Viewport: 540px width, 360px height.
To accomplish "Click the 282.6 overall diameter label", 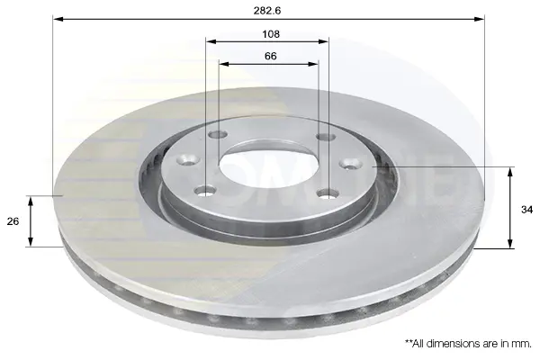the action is coord(267,11).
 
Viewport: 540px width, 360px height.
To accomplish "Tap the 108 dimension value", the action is coord(271,34).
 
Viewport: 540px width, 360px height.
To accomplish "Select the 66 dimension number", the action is coord(271,56).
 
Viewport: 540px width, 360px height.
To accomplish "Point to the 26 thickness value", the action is coord(13,221).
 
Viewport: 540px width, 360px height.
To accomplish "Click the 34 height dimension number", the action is coord(526,210).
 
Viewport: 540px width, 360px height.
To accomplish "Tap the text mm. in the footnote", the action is coord(524,344).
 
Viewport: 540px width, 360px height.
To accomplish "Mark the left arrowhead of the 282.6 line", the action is coord(58,19).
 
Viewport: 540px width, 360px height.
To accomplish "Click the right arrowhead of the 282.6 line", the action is coord(479,19).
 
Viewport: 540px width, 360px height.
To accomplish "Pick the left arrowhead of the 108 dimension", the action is coord(211,41).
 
